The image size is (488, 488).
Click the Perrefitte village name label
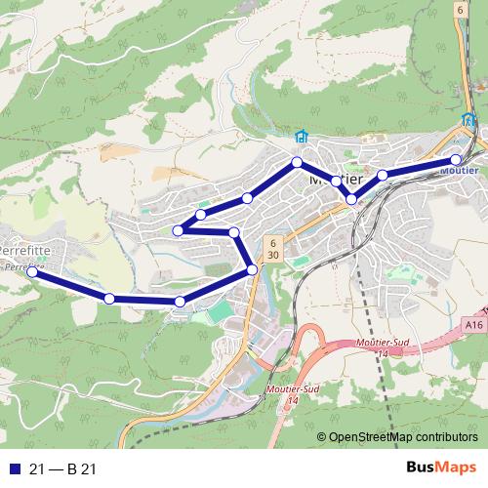26,251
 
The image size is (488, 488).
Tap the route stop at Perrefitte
31,272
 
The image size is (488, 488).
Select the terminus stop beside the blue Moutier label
456,160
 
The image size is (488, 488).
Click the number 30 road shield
274,255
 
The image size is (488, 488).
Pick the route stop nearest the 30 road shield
253,269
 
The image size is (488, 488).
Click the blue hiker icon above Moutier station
467,122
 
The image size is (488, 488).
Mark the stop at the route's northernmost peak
296,162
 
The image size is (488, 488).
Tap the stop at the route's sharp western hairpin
178,230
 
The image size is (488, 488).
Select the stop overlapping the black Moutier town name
337,181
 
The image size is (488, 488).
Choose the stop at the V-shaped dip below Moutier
351,198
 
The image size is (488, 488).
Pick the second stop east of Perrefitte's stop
180,302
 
